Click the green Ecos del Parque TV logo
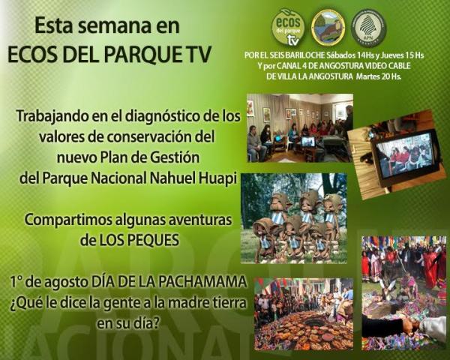288,27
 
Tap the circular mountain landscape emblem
328,27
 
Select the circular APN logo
368,27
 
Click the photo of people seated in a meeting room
299,128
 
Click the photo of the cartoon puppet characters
293,218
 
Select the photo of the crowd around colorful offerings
303,313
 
